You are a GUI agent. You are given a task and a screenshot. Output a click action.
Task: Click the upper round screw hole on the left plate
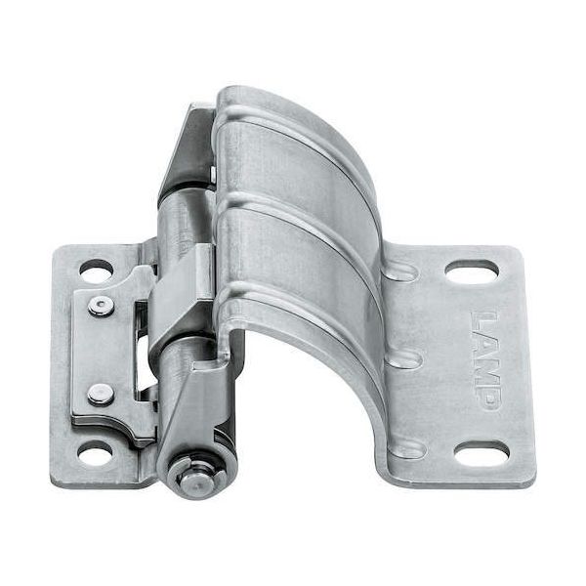click(x=97, y=271)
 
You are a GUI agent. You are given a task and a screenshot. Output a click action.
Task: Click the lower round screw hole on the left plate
click(x=95, y=452)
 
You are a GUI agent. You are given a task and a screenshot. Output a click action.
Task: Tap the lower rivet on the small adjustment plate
click(x=101, y=395)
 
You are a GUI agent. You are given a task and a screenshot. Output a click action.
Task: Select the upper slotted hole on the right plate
click(x=473, y=271)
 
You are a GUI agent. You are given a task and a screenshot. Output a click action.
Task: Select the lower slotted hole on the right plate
click(x=481, y=454)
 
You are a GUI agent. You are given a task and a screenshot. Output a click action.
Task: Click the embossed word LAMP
click(x=485, y=359)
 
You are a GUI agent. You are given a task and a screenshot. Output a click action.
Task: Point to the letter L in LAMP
click(x=483, y=320)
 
